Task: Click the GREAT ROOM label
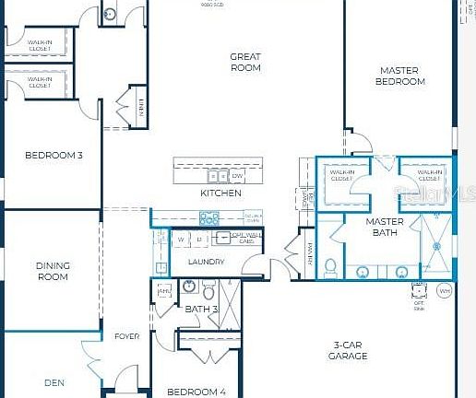pos(245,62)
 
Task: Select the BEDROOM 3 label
pos(54,155)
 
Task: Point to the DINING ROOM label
pos(53,271)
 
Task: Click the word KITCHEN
pos(220,193)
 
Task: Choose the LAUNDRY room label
pos(206,262)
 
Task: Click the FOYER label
pos(126,336)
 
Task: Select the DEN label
pos(54,381)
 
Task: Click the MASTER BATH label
pos(385,228)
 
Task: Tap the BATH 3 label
pos(201,309)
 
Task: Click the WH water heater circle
pos(445,291)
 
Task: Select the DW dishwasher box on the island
pos(237,175)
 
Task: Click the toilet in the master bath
pos(330,266)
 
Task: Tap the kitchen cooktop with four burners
pos(209,218)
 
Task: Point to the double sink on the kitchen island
pos(217,175)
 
